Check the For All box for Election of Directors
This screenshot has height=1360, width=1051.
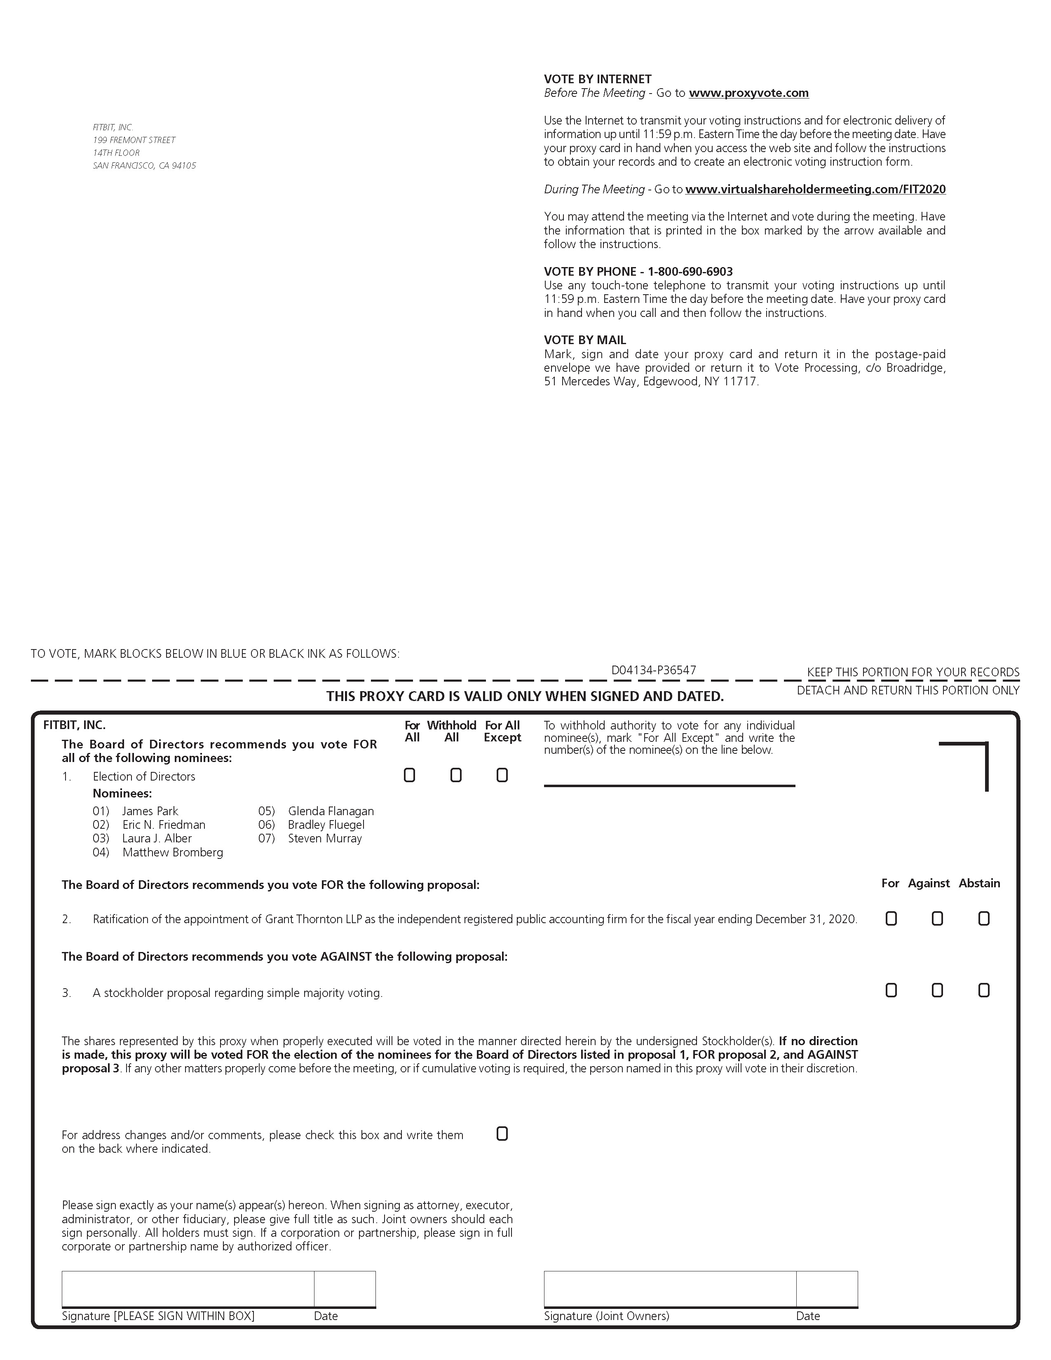pos(409,775)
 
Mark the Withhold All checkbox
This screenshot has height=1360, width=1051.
pos(456,775)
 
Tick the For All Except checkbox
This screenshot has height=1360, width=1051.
pos(502,775)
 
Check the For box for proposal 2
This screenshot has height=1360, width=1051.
pos(891,919)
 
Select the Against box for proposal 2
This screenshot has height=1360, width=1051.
pos(937,919)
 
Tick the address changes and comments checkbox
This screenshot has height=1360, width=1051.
pos(502,1134)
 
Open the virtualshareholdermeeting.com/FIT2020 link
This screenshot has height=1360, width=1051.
pos(816,189)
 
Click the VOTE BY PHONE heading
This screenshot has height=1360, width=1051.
pos(638,272)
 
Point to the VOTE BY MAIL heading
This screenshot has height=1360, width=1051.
pos(585,340)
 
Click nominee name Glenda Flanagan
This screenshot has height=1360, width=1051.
pos(331,811)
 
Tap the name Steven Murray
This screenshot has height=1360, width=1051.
pos(324,838)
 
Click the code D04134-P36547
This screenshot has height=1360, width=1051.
pos(653,670)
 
